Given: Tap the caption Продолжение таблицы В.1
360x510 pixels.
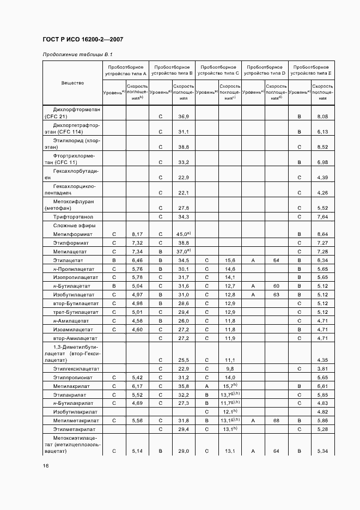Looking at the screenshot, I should tap(77, 54).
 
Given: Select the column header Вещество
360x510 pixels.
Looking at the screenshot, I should tap(72, 83).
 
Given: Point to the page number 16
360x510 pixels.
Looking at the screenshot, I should tap(45, 466).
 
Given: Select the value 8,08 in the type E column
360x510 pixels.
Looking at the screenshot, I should tap(322, 117).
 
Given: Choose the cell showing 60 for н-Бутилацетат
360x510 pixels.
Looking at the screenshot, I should tap(276, 286).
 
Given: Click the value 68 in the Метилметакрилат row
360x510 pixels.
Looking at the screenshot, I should tap(276, 421).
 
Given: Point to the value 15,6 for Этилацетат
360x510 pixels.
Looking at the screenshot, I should tap(230, 260).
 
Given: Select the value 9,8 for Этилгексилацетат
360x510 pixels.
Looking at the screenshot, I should tap(230, 368).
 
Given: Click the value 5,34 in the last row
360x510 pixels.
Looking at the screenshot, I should tap(322, 451).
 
